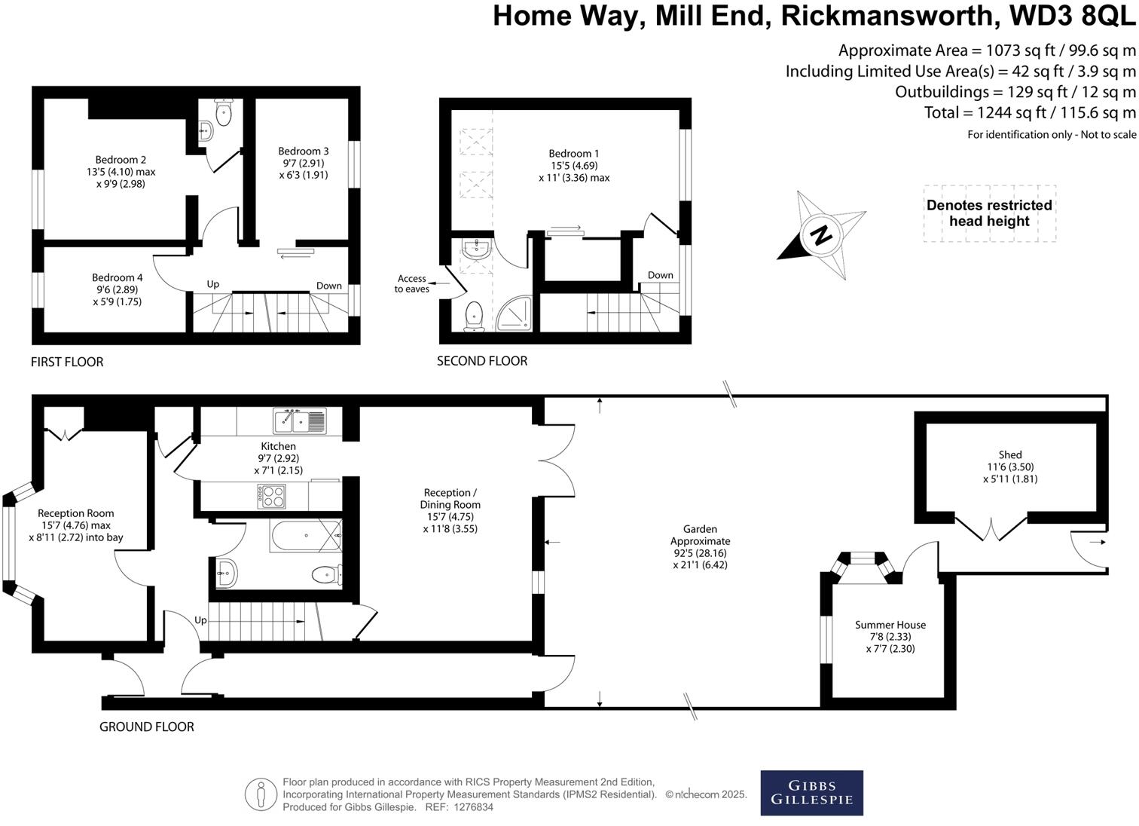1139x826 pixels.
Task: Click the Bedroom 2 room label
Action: pos(121,160)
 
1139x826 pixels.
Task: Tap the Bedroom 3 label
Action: pos(304,151)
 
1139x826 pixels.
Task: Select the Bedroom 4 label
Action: pos(117,277)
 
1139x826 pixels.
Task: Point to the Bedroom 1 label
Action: pos(574,154)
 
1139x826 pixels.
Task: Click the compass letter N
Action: pos(822,234)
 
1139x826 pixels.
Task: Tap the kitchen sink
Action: pos(301,421)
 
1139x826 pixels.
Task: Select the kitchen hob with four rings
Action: pos(272,495)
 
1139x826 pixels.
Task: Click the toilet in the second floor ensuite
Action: pos(475,316)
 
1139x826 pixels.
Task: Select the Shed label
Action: pos(1010,454)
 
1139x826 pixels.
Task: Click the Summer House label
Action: pos(890,625)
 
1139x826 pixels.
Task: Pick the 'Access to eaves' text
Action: pos(412,284)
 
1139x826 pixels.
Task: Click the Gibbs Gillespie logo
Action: pos(811,792)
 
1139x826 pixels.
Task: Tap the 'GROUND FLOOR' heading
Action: pos(147,727)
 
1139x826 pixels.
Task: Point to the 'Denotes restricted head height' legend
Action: pos(989,213)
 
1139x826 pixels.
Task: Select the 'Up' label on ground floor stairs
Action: pos(200,620)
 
